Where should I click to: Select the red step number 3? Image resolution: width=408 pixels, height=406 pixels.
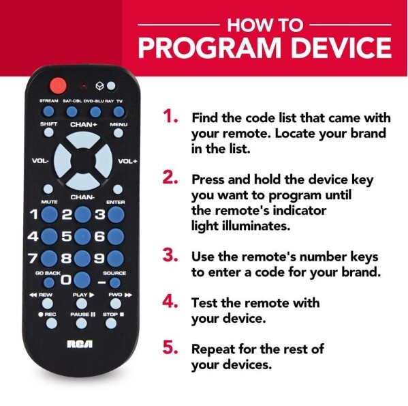(x=169, y=256)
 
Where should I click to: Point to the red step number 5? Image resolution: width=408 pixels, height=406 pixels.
(x=169, y=349)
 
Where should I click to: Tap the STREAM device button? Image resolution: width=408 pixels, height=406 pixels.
(x=48, y=110)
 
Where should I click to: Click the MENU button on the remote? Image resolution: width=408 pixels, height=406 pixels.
(x=118, y=133)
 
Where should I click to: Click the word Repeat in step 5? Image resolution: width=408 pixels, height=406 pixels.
(x=213, y=349)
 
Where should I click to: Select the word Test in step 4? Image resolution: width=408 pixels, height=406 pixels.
(x=204, y=302)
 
